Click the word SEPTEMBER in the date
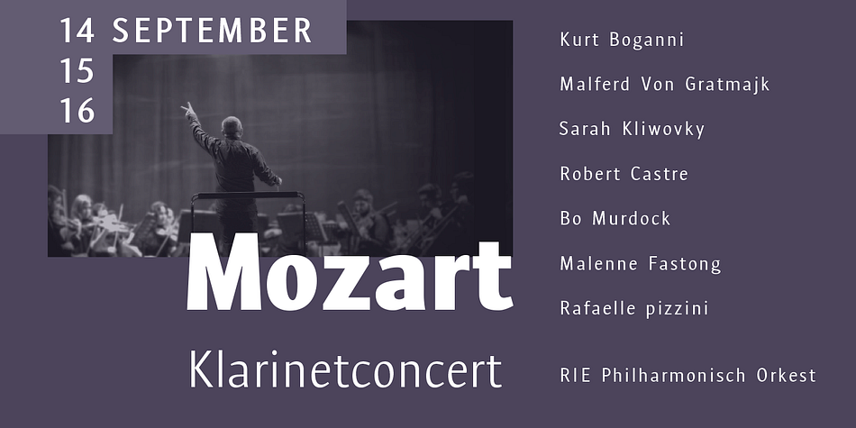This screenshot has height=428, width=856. (x=212, y=31)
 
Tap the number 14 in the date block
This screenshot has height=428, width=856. (x=77, y=31)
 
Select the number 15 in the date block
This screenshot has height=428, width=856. (x=77, y=71)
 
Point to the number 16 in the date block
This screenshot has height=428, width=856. (x=77, y=111)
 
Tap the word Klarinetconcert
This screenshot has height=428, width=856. (x=345, y=369)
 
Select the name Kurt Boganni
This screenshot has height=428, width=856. (x=622, y=40)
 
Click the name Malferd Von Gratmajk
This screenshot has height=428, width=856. (x=665, y=85)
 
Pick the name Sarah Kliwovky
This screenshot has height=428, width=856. (x=633, y=130)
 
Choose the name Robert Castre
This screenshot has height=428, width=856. (x=624, y=174)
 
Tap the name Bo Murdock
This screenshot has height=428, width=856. (x=615, y=219)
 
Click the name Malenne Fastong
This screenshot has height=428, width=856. (x=641, y=264)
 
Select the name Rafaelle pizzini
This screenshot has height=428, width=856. (x=634, y=309)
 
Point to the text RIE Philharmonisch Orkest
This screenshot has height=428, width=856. (x=688, y=376)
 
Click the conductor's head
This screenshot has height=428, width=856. (x=232, y=127)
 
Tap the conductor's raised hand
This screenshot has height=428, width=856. (x=187, y=110)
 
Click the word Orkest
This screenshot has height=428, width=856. (x=786, y=376)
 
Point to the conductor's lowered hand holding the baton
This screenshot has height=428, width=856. (x=278, y=181)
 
